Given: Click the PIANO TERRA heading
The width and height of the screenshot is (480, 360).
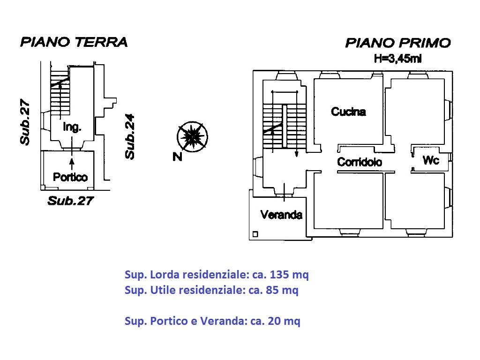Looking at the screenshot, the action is coord(74,42).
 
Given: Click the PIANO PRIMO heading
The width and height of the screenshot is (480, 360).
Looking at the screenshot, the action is coord(398,43).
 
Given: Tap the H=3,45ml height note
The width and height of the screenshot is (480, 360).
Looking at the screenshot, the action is coord(397,58).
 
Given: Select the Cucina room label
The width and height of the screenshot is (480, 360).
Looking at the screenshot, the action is coord(348,112).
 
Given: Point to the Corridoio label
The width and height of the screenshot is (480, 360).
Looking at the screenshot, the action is coord(360,162).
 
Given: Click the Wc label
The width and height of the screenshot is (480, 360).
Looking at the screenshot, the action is coord(431,160).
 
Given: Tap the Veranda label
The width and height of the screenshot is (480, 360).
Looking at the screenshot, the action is coord(281,215).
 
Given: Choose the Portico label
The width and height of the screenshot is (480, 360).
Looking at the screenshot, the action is coord(70,177).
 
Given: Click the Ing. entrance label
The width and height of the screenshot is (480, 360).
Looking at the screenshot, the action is coord(72,127).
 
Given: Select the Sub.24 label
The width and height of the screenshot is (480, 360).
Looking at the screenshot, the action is coord(130,136).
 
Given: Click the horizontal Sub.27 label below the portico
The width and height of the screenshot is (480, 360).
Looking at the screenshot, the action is coord(70,201).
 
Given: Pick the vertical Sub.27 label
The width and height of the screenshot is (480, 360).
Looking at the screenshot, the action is coord(25,121).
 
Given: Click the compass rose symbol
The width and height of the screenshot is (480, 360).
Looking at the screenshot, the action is coord(192,136).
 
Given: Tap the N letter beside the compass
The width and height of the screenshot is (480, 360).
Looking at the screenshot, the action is coord(177,157).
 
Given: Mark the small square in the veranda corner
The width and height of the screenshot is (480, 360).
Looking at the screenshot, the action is coord(255,234).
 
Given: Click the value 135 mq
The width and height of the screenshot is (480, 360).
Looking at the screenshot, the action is coord(289,275).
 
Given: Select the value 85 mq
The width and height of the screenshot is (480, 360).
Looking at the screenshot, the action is coord(282,290).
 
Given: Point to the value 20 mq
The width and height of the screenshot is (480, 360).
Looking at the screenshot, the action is coord(284,321).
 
